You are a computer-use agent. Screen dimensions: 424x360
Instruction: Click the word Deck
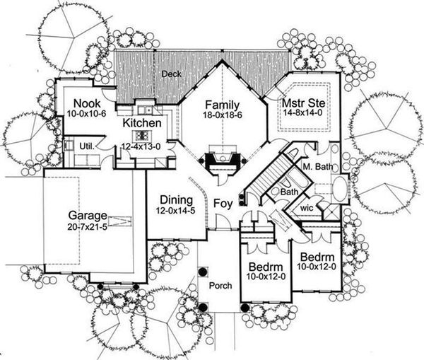(170, 74)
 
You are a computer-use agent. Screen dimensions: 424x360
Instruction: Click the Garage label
(87, 216)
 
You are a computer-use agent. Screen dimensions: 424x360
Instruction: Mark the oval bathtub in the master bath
(339, 188)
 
